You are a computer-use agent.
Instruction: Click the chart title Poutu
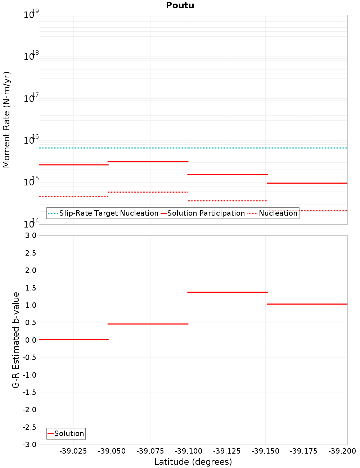click(x=180, y=5)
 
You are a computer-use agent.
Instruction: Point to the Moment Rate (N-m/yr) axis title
click(x=6, y=120)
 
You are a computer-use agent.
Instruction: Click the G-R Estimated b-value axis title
click(x=16, y=340)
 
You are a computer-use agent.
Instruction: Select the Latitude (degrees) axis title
click(x=193, y=462)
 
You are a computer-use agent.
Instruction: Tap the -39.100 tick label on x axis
click(x=189, y=451)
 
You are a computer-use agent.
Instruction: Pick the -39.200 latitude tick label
click(x=342, y=451)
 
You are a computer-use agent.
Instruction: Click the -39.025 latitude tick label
click(x=73, y=451)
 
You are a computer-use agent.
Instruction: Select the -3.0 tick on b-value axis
click(x=29, y=445)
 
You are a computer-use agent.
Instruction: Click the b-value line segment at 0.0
click(x=73, y=339)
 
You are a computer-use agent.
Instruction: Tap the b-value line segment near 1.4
click(x=228, y=292)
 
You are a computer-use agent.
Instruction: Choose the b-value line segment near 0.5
click(x=148, y=324)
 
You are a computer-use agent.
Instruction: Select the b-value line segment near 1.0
click(x=307, y=304)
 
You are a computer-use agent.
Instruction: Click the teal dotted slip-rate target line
click(x=193, y=148)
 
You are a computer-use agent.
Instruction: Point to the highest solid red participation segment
click(x=148, y=162)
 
